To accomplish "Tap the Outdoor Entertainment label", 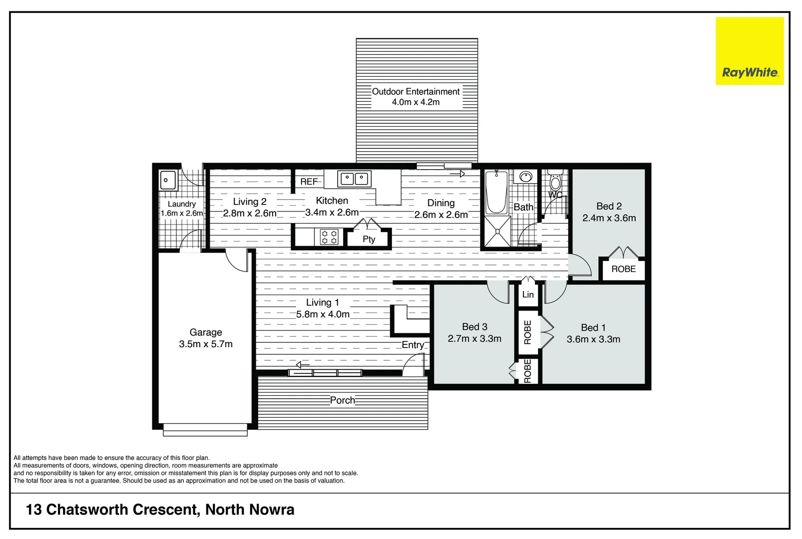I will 415,91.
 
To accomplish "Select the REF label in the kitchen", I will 309,182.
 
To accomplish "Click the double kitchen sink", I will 354,179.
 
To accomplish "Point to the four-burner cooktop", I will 329,237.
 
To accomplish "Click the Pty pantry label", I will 369,239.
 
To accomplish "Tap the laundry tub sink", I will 167,180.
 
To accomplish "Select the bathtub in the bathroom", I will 496,192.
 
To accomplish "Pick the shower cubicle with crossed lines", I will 497,232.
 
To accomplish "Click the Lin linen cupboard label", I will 528,294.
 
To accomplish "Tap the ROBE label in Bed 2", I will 623,269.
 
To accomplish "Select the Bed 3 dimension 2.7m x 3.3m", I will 474,338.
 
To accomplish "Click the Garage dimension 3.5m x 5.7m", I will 206,344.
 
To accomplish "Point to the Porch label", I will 343,400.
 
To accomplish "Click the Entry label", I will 412,345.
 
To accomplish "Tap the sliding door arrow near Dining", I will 457,174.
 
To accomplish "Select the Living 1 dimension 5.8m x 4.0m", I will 323,314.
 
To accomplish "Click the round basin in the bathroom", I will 525,177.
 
